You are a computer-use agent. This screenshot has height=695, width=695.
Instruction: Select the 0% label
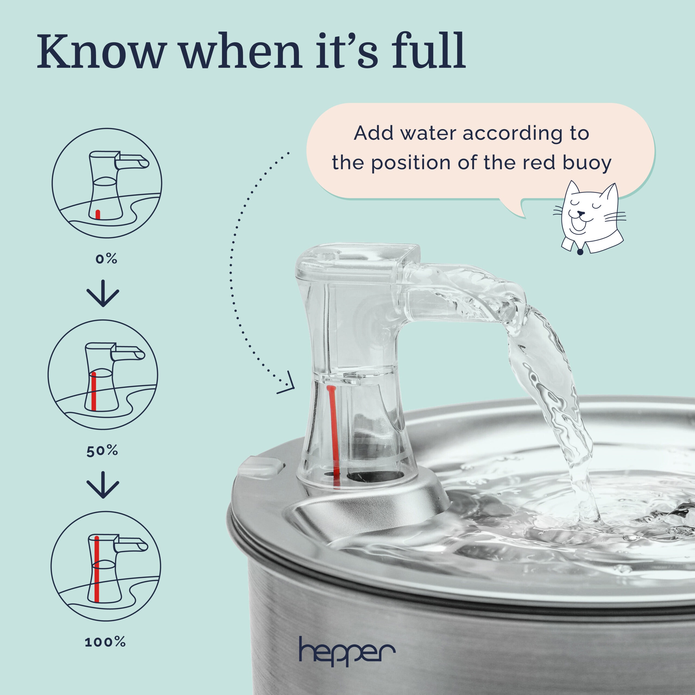point(106,259)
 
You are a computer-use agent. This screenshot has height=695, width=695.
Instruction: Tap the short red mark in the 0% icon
point(97,214)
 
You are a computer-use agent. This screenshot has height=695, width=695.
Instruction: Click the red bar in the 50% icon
point(94,392)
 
